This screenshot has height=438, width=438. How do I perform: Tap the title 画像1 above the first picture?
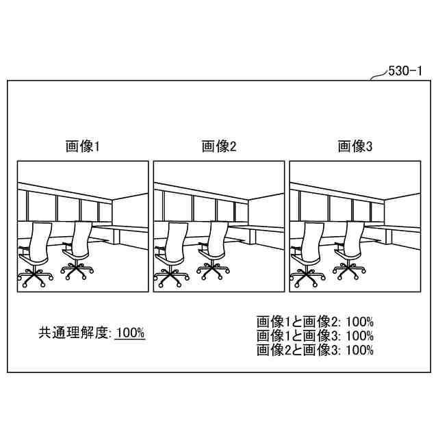coord(82,146)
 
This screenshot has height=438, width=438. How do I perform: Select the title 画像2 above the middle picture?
coord(218,146)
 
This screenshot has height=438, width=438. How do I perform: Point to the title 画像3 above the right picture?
coord(355,146)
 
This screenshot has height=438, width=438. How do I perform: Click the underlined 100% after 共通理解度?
coord(130,333)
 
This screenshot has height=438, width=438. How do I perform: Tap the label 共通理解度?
coord(74,333)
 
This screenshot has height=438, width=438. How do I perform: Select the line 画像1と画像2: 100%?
coord(315,322)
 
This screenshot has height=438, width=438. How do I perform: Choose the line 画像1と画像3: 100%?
coord(315,336)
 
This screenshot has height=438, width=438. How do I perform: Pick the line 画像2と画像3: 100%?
coord(315,350)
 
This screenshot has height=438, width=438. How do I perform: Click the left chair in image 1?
coord(34,253)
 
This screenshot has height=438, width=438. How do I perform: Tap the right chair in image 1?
coord(77,250)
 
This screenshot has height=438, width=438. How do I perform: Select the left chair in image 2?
coord(170,253)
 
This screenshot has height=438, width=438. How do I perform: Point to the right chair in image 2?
coord(213,250)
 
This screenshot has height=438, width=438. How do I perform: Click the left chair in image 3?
coord(307,253)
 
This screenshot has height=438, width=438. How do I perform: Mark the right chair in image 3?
coord(350,250)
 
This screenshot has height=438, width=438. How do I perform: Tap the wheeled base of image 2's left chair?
coord(168,276)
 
